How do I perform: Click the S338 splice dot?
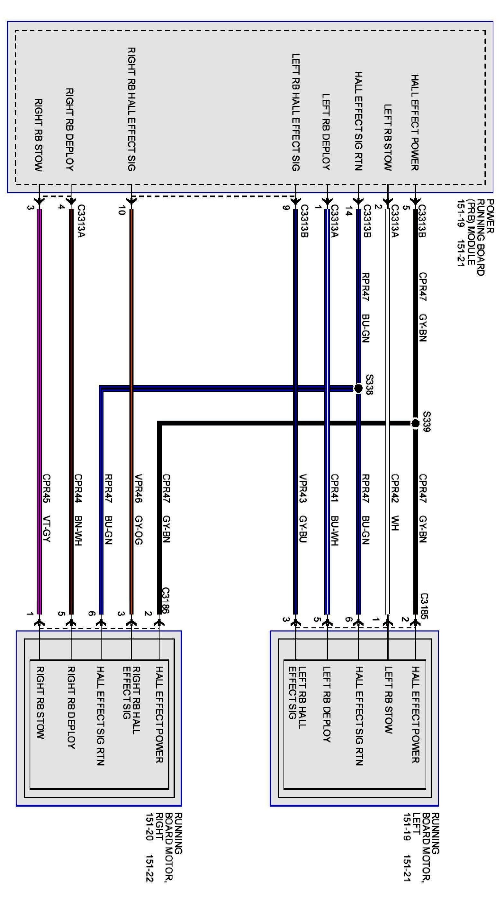tap(358, 388)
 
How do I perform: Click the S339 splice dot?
tap(415, 423)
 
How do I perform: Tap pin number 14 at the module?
tap(348, 211)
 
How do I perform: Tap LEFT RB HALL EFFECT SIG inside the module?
tap(296, 112)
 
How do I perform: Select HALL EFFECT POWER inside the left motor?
tap(415, 715)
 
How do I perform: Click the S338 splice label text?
tap(369, 385)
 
